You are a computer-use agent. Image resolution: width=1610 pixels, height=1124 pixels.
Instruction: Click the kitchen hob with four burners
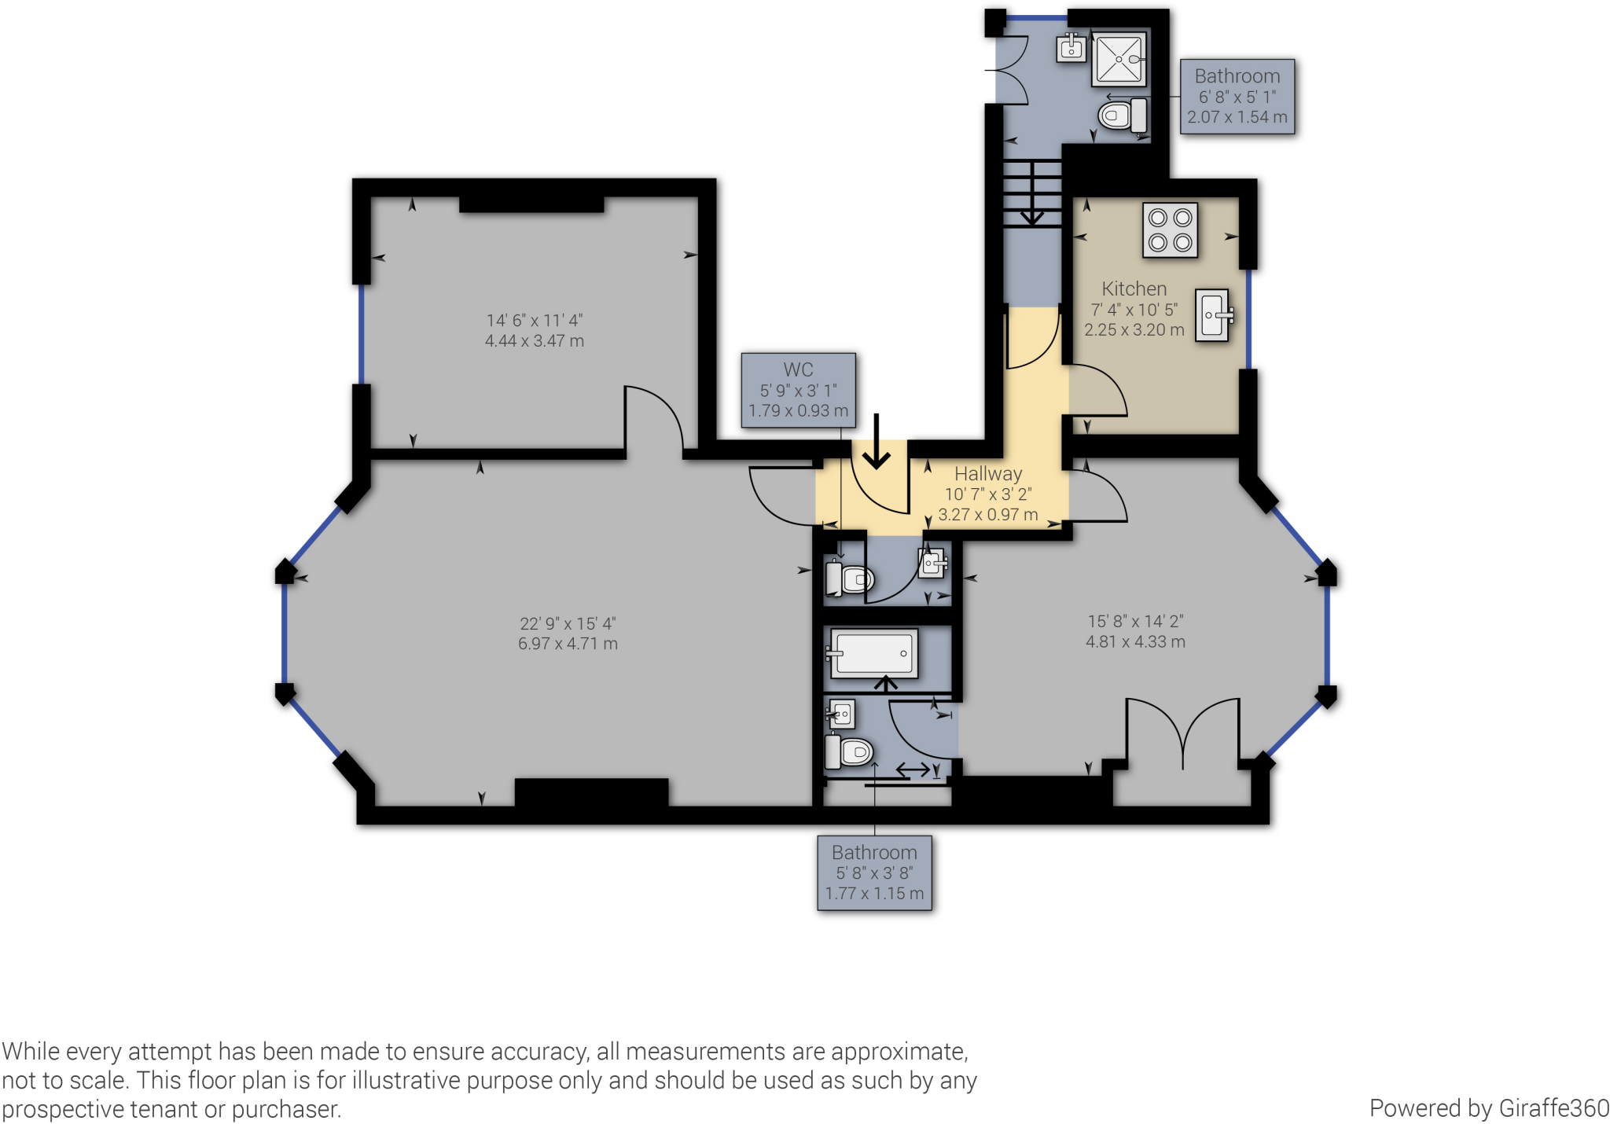tap(1170, 230)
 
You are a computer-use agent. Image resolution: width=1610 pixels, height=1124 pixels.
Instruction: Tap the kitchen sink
tap(1213, 315)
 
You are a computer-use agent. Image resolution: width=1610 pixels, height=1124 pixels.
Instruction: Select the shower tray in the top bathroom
tap(1119, 59)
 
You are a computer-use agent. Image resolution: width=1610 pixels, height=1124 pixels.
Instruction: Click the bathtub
tap(873, 653)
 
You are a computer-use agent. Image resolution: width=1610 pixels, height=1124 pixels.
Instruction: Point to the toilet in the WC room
tap(849, 579)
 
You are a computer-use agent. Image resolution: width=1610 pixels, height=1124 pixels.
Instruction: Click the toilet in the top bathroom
tap(1123, 116)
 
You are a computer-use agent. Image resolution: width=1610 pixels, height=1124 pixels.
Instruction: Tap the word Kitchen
tap(1134, 288)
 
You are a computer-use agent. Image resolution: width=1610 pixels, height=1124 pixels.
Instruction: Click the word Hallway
tap(988, 473)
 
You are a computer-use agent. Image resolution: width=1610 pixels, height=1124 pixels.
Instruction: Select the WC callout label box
tap(798, 391)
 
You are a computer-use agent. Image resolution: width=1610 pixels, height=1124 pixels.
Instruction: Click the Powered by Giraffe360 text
tap(1489, 1107)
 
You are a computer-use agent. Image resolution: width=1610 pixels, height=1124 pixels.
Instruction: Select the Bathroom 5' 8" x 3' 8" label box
tap(874, 873)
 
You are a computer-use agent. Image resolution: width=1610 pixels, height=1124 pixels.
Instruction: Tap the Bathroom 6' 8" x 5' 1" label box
tap(1237, 97)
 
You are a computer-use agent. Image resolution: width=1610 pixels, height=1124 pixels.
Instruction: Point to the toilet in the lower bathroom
tap(849, 751)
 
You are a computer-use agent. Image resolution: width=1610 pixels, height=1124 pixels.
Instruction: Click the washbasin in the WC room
tap(932, 563)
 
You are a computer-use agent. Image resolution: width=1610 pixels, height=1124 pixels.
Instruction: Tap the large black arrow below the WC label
tap(877, 442)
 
